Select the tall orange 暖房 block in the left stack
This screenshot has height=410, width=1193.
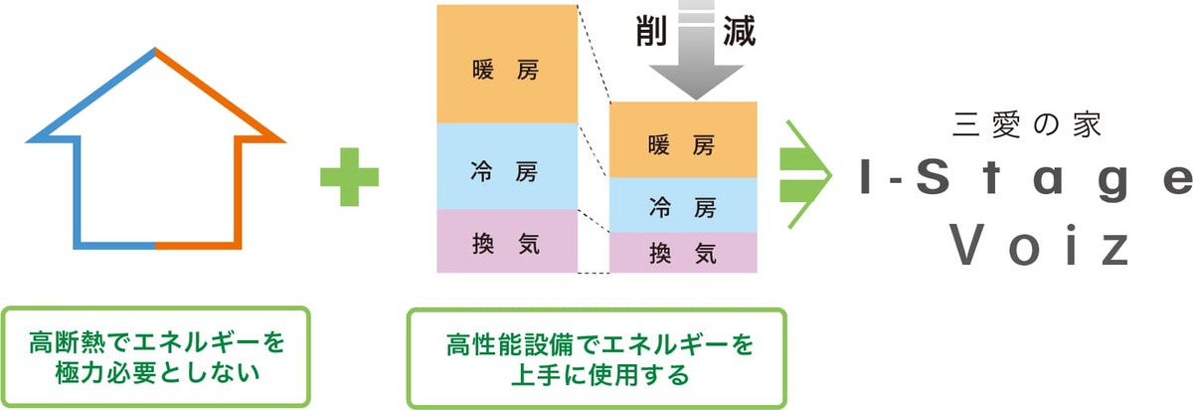point(507,64)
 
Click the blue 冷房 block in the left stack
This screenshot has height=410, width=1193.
point(507,165)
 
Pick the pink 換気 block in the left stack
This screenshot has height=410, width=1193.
point(507,240)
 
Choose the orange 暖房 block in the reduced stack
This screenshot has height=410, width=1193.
point(683,140)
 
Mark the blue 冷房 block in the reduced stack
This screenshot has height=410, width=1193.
point(683,206)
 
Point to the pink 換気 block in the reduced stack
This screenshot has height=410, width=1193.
point(683,252)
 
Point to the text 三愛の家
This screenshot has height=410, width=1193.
point(1025,126)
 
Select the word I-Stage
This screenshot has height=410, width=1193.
point(1025,181)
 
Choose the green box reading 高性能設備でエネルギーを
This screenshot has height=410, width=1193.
point(596,357)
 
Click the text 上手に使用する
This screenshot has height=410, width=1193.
point(596,376)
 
